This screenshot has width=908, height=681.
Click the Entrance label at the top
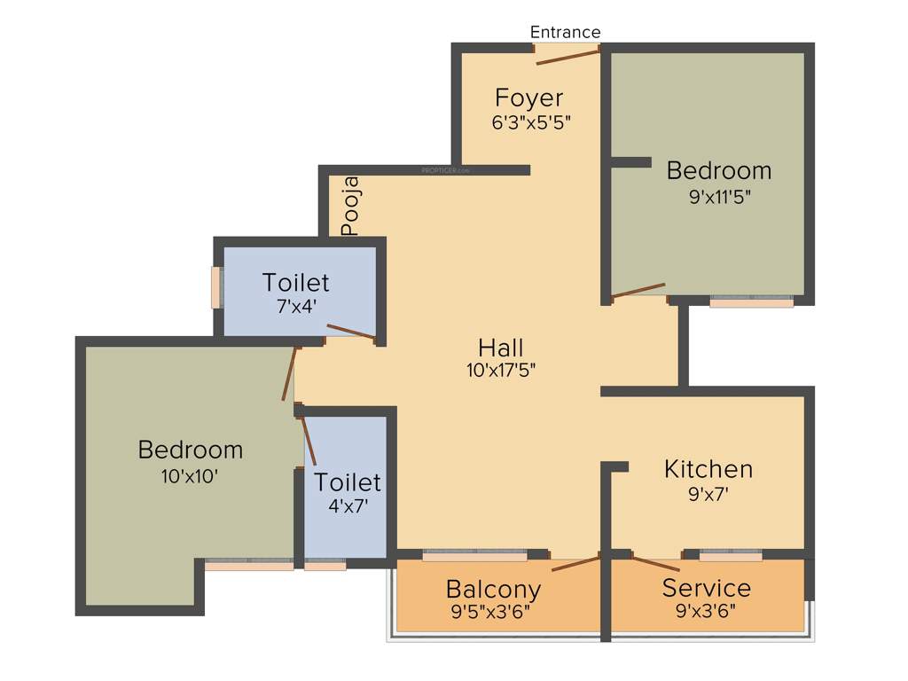(565, 32)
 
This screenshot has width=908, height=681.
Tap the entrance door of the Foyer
(567, 56)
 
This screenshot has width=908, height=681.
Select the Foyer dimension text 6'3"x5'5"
(530, 122)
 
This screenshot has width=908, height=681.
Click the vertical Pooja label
(352, 207)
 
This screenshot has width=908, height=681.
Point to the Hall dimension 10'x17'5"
(501, 371)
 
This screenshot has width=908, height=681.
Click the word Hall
(501, 347)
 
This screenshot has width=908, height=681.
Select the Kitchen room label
(708, 468)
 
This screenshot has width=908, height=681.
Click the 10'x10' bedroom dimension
(190, 475)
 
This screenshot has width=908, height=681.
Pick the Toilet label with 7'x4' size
(295, 283)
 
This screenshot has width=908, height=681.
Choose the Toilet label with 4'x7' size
(348, 482)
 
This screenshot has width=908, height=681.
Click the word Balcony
(493, 589)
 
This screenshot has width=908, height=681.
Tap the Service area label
(707, 588)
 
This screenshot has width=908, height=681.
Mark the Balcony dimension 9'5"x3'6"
(493, 611)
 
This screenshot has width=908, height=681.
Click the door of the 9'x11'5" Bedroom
(638, 291)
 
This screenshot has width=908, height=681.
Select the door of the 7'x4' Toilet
(350, 332)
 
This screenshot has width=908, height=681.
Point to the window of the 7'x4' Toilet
(215, 287)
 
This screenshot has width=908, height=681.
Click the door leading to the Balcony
(575, 561)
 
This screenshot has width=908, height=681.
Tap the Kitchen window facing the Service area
(731, 556)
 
